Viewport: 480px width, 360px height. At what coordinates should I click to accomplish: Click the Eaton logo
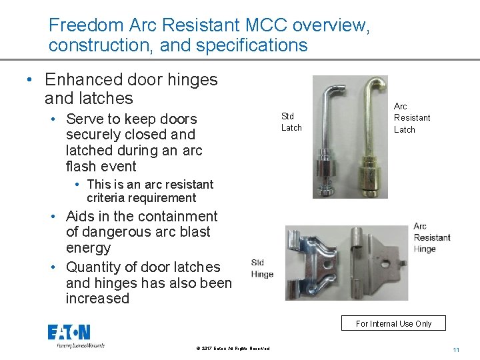tap(69, 333)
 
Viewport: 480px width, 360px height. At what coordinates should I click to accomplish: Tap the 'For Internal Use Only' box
tap(393, 323)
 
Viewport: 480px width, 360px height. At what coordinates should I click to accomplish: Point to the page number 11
tap(456, 349)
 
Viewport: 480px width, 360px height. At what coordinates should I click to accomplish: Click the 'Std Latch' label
tap(291, 122)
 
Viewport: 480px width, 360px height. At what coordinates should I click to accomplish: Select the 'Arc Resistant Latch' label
tap(411, 118)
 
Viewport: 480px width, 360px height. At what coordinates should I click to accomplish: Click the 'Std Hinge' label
tap(262, 268)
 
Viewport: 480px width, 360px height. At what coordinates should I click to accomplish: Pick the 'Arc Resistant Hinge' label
tap(431, 237)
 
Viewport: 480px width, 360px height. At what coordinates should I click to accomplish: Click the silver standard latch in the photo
tap(329, 140)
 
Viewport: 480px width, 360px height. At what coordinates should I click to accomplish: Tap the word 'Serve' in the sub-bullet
tap(85, 119)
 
